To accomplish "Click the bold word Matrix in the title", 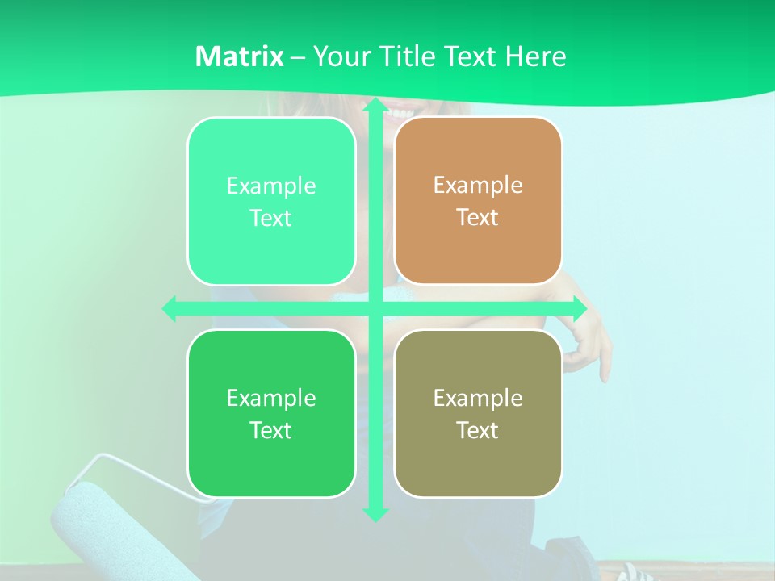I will click(x=239, y=56).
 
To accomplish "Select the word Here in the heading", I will click(x=535, y=56).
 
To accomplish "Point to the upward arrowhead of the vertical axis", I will click(x=375, y=106).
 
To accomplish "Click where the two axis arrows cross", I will click(x=375, y=308).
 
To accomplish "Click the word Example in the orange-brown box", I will click(x=478, y=185).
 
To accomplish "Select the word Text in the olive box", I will click(x=478, y=430).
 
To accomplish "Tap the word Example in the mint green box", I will click(x=271, y=186).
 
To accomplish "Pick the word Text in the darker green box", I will click(x=271, y=430).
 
